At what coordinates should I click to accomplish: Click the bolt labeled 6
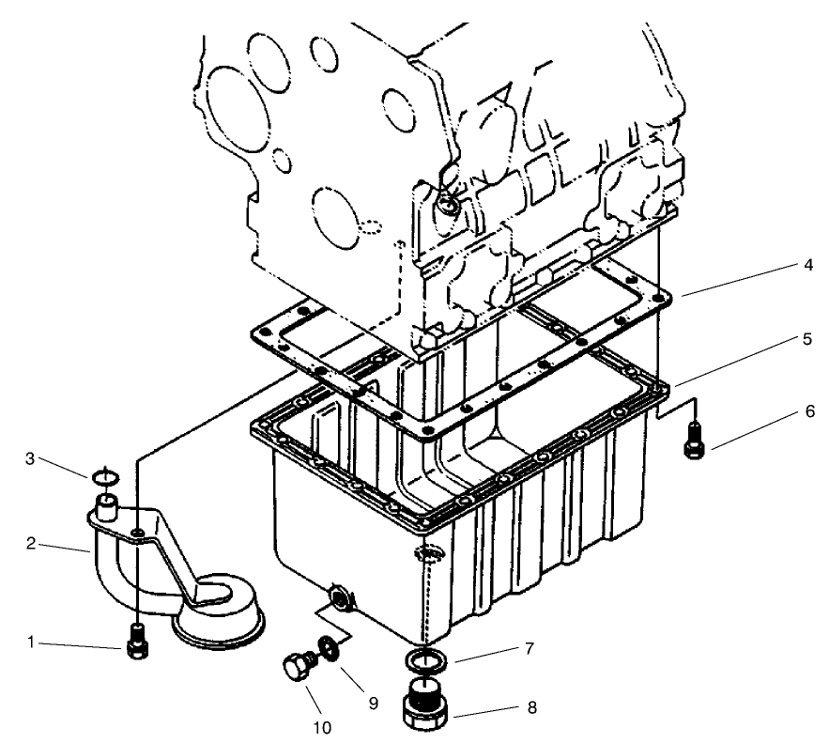pyautogui.click(x=693, y=438)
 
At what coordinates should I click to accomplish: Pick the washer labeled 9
pyautogui.click(x=328, y=647)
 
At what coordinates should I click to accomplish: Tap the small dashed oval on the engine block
pyautogui.click(x=370, y=226)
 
